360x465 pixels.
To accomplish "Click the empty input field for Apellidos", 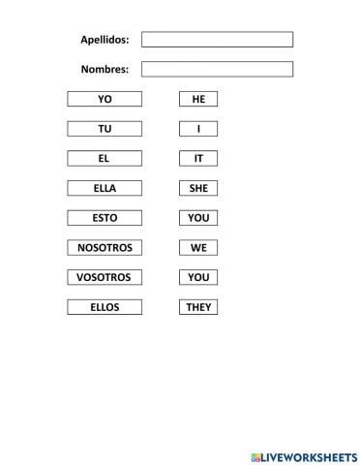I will pos(217,40).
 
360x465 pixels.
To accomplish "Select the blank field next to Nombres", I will pos(217,70).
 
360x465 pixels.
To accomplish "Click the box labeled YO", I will pos(105,99).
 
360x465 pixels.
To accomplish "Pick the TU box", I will pos(105,129).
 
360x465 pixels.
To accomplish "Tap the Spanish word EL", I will pos(105,159).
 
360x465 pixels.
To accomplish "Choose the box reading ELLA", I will pos(105,189).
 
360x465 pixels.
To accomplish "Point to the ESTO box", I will pos(105,218).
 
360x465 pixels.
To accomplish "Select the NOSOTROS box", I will pos(105,248).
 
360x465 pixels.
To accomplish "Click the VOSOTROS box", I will pos(105,278).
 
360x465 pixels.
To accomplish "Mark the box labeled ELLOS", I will pos(105,308).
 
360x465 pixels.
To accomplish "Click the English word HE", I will pos(198,99).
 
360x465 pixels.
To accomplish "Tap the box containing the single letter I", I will pos(198,129).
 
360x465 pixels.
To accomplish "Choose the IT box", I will pos(198,159).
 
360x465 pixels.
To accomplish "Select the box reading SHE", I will pos(198,189).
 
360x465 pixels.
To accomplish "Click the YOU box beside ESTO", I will pos(198,218).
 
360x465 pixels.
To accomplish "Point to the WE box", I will pos(198,248).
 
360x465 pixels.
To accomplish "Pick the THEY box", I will pos(198,308).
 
